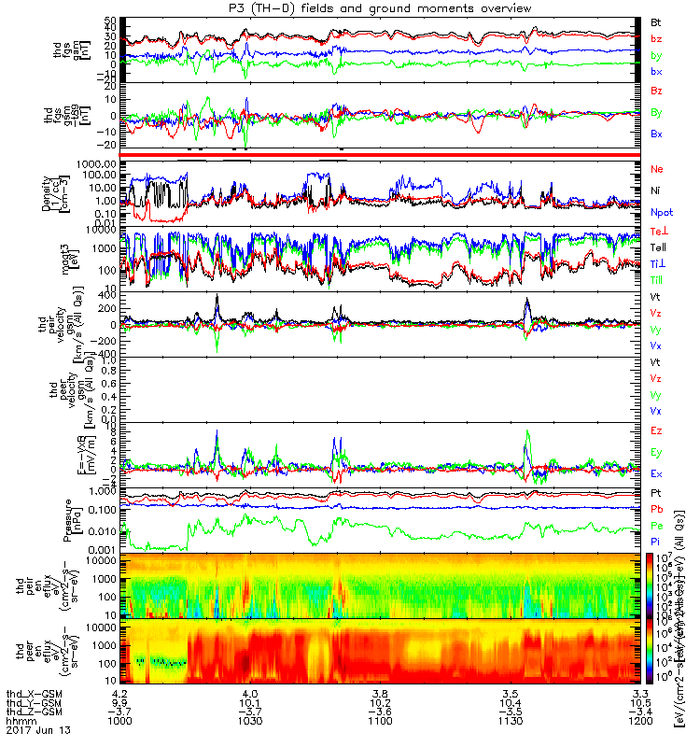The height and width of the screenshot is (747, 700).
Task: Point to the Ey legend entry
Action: tap(656, 452)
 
